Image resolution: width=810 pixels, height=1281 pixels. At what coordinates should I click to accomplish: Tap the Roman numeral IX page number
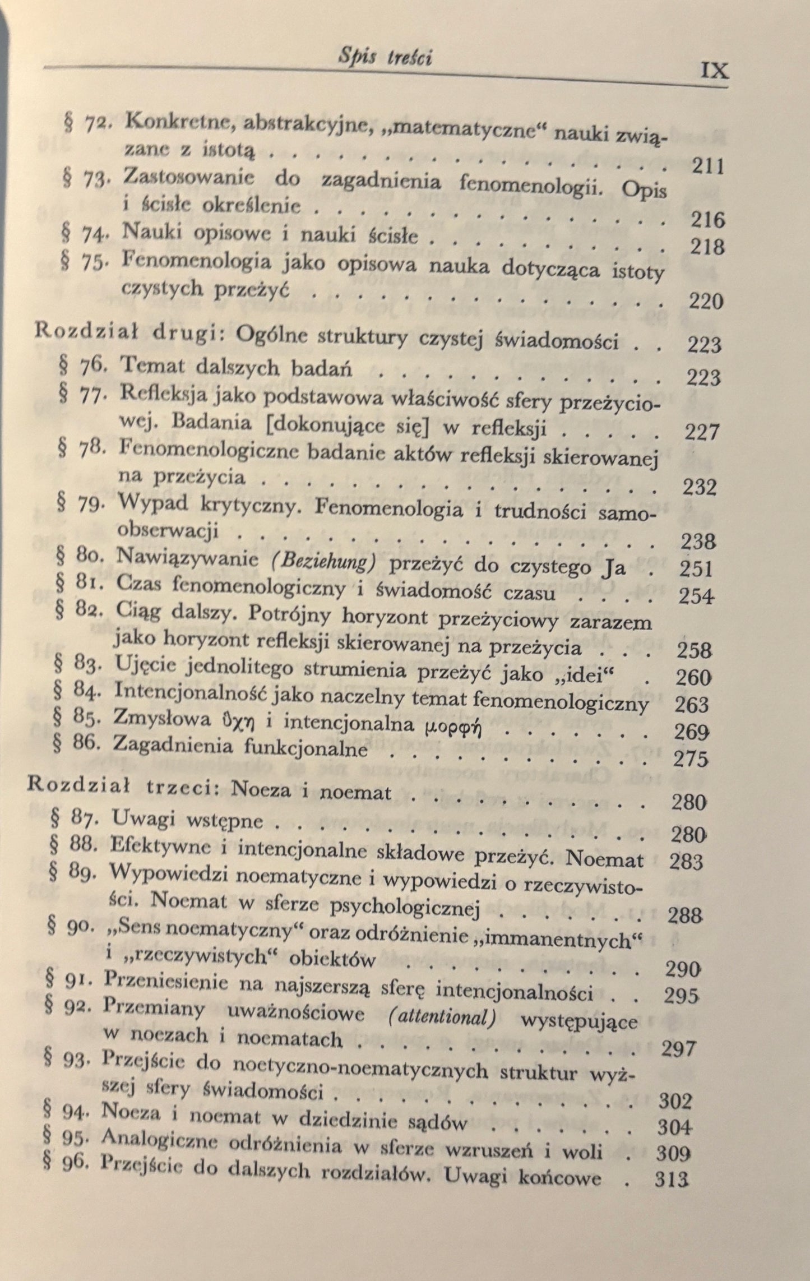(714, 71)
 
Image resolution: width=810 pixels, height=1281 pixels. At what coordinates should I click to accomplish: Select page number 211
(708, 166)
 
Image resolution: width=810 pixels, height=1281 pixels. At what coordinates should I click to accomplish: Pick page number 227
(701, 432)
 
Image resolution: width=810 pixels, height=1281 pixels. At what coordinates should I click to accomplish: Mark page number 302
(675, 1101)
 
